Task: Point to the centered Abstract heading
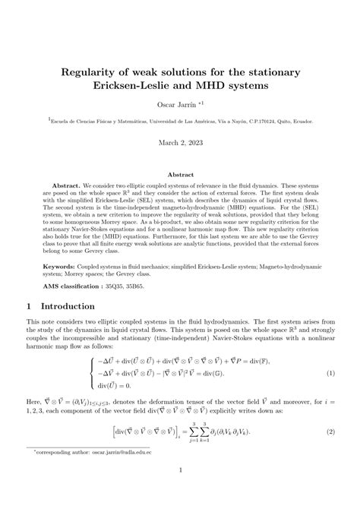coord(180,174)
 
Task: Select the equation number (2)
coord(330,451)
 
